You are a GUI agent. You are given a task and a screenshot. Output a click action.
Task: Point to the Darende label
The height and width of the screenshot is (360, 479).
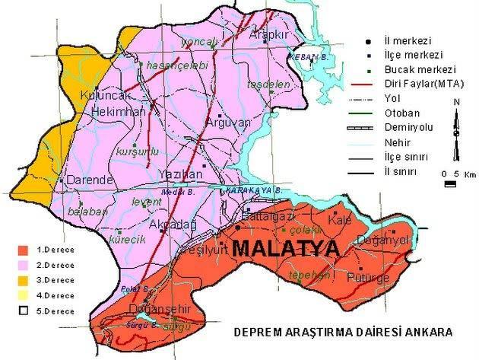point(90,180)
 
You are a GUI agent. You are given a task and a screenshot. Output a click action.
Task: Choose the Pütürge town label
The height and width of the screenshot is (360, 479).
point(362,279)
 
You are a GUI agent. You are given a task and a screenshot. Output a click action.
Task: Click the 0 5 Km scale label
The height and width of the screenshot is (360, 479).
point(455,174)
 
